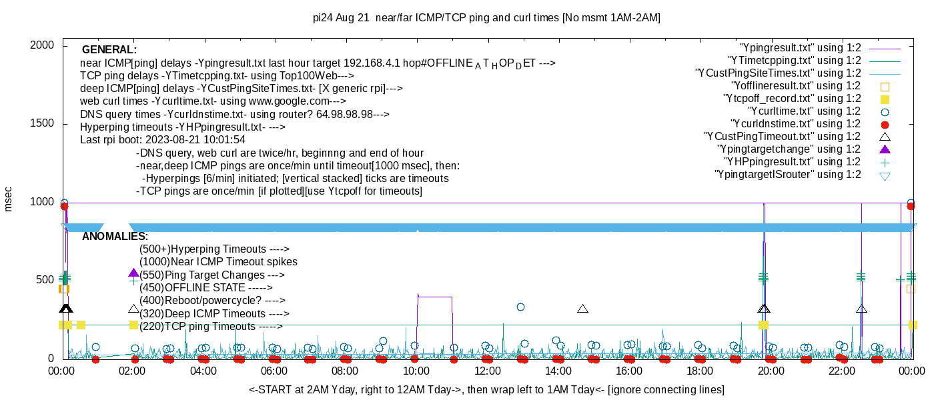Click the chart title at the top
[486, 18]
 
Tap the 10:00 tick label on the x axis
[416, 371]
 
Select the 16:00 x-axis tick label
[628, 371]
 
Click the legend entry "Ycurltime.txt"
[805, 111]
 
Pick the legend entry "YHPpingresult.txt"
[793, 161]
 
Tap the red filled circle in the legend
[885, 124]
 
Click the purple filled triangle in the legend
[885, 149]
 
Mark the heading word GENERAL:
[109, 50]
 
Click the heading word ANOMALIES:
[115, 237]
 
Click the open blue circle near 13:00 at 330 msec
[521, 307]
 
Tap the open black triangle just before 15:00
[582, 309]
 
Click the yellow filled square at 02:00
[133, 325]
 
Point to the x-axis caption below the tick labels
[486, 389]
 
